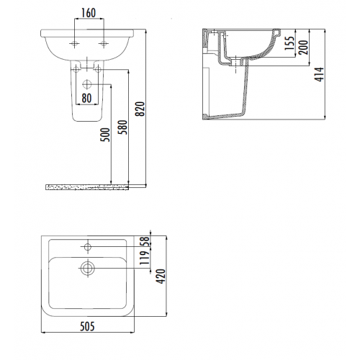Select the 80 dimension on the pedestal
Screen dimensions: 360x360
(x=86, y=96)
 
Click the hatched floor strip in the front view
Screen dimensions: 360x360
(x=86, y=187)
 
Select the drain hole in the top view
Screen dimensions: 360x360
(x=88, y=269)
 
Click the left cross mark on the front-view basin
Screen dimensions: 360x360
(x=74, y=45)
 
